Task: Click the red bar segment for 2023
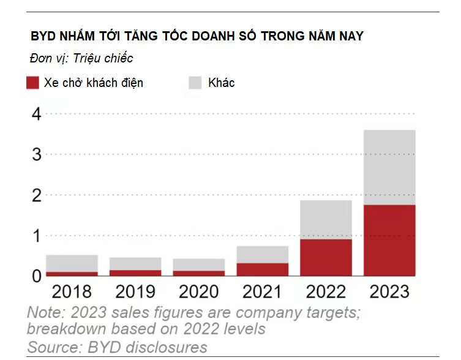point(389,240)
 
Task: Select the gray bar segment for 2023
point(389,167)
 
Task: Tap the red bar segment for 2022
point(326,257)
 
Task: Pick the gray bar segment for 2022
point(326,219)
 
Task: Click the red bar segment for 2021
point(262,269)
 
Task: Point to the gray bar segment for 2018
point(72,263)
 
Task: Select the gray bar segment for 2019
point(135,264)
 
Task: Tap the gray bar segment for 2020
point(199,264)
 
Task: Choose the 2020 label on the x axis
point(198,291)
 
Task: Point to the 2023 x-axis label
point(389,291)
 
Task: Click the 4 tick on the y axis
point(36,114)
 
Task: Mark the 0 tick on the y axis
point(36,276)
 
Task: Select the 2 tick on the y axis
point(36,195)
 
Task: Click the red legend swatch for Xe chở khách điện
point(33,83)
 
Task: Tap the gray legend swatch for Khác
point(195,83)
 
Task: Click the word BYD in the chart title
point(43,36)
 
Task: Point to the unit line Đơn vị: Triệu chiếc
point(81,59)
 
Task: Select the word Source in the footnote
point(51,347)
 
